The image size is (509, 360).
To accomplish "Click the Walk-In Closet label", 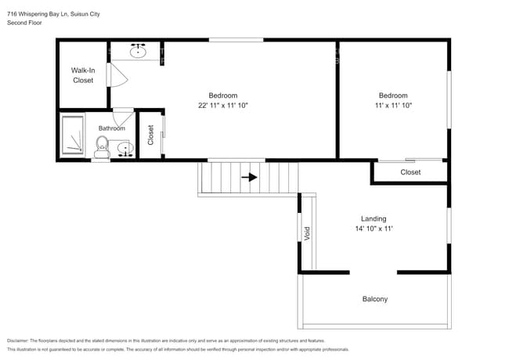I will pos(83,75).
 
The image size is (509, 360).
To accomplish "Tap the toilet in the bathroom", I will pos(102,146).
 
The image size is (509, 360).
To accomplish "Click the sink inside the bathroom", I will pos(122,148).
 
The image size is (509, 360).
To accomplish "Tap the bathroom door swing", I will pos(124,117).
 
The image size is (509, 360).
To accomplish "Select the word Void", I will pos(307,233).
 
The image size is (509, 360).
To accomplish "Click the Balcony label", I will pos(374,299).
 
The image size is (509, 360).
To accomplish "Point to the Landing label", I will pos(373,219).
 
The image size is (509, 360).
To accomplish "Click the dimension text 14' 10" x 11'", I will pos(373,229).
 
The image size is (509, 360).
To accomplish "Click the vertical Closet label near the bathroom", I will pos(150,135).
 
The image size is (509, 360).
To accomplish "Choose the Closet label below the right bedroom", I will pos(410,172).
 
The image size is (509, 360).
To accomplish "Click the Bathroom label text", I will pos(111,128).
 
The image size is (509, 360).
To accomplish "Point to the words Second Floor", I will pos(25,23).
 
